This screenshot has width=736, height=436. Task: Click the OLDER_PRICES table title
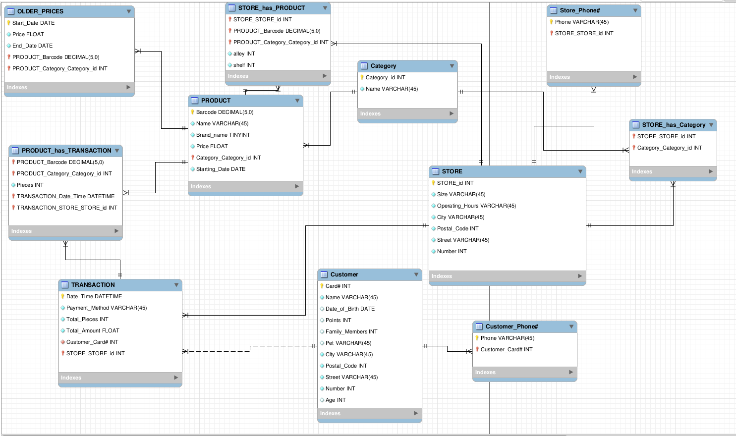pyautogui.click(x=40, y=11)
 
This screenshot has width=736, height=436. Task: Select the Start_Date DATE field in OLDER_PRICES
pyautogui.click(x=33, y=23)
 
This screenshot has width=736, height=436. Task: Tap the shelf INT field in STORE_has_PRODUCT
pyautogui.click(x=244, y=65)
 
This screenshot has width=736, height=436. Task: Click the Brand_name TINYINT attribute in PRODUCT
pyautogui.click(x=223, y=135)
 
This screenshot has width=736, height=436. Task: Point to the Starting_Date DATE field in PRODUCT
pyautogui.click(x=221, y=169)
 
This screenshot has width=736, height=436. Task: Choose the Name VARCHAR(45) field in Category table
pyautogui.click(x=392, y=89)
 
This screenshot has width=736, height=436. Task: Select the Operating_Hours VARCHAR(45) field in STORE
pyautogui.click(x=476, y=206)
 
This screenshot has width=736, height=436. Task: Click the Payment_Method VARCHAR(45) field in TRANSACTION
pyautogui.click(x=107, y=308)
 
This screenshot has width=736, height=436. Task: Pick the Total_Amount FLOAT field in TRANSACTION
pyautogui.click(x=93, y=330)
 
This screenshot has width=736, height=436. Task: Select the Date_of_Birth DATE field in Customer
pyautogui.click(x=350, y=309)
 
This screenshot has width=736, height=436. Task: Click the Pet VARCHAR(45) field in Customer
pyautogui.click(x=348, y=343)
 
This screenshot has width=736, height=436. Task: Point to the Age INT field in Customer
pyautogui.click(x=336, y=400)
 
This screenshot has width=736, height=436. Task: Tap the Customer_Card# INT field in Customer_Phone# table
pyautogui.click(x=506, y=349)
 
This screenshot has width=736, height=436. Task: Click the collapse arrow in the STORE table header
pyautogui.click(x=580, y=171)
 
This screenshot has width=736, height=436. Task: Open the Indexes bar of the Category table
pyautogui.click(x=407, y=113)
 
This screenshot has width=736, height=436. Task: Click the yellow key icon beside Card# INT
pyautogui.click(x=322, y=286)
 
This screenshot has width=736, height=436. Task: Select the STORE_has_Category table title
pyautogui.click(x=673, y=125)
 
